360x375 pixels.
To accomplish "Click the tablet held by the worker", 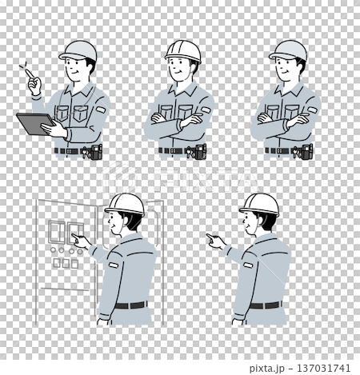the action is point(34,123).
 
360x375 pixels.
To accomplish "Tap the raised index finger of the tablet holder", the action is point(30,74).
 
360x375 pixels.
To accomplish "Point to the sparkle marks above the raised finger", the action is point(24,66).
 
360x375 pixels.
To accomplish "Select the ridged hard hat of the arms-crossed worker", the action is point(183,50).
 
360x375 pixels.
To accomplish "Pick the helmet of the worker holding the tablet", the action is point(78,50).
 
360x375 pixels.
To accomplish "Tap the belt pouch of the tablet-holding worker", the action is point(96,152).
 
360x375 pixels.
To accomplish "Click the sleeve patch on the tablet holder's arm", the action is point(101,110).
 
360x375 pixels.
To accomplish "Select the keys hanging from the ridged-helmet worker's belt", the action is point(190,153).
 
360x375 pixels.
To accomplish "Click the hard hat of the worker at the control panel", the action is point(125,204).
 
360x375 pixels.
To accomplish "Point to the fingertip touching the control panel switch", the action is point(73,235).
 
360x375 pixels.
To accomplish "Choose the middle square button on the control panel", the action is point(66,263).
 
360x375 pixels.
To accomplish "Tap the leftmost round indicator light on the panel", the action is point(53,250).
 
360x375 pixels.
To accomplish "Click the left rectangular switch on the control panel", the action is point(56,232).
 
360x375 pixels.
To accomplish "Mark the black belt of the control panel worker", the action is point(130,305).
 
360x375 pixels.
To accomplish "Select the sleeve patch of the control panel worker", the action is point(114,265).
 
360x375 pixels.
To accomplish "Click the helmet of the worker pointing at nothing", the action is point(259,204).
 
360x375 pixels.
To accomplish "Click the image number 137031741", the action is point(323,369).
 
